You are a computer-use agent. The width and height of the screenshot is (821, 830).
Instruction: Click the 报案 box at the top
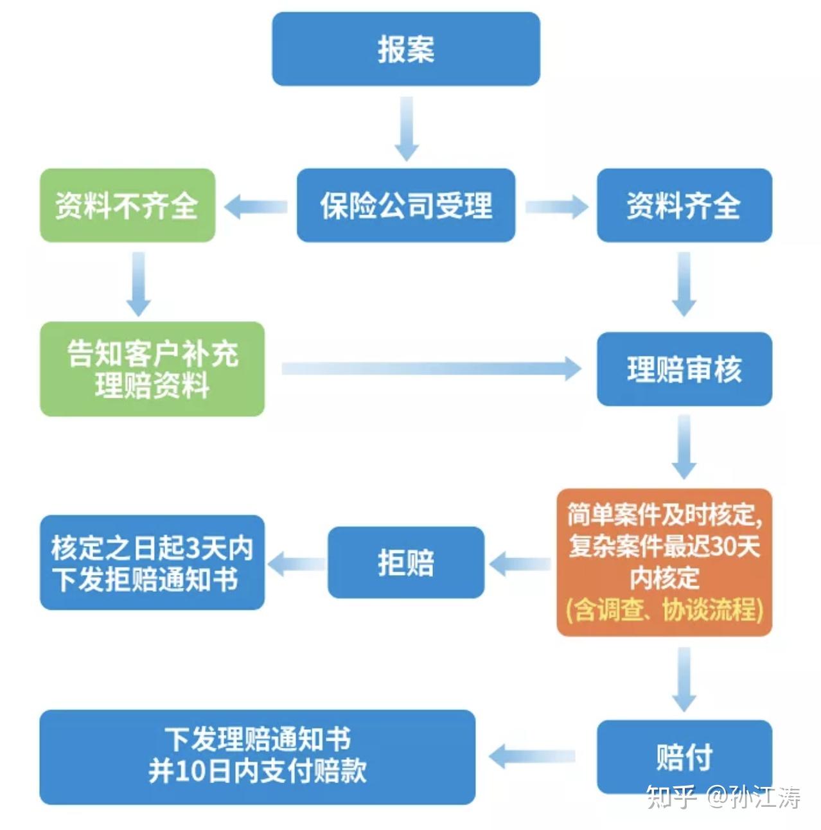point(405,49)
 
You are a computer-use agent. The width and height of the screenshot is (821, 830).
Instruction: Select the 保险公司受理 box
point(405,206)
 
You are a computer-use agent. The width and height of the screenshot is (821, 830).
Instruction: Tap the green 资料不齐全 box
point(127,206)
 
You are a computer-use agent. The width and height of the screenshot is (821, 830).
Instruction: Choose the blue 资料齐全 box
point(684,206)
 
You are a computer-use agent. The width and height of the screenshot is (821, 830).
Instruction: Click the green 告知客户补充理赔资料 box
point(152,369)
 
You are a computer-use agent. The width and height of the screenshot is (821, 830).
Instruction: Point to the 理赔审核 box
point(684,369)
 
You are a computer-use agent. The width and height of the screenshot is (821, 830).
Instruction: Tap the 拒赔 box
point(405,563)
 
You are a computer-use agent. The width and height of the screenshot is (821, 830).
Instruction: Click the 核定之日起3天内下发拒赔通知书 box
point(152,563)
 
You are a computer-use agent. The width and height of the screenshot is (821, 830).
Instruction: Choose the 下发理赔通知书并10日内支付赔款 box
point(257,757)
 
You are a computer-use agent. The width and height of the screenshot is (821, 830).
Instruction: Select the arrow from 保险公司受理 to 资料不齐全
point(256,206)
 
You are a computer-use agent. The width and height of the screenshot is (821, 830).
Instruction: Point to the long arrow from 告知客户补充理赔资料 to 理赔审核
point(430,369)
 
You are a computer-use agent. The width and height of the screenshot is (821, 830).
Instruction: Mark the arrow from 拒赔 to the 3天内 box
point(296,564)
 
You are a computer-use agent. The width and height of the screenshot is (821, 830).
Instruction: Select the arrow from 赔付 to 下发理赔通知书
point(533,756)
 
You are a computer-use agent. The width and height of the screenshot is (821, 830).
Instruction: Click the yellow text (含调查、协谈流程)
point(664,609)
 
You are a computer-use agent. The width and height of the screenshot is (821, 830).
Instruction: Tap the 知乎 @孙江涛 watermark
point(723,797)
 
